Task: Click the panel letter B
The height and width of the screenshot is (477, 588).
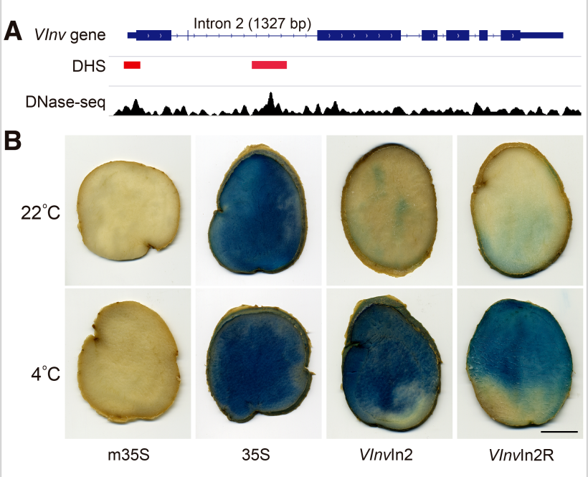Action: click(x=13, y=139)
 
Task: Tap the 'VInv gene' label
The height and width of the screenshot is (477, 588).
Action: click(x=70, y=34)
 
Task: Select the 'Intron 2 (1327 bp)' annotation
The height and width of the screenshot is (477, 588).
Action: click(x=252, y=23)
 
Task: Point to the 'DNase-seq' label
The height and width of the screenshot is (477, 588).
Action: click(x=65, y=102)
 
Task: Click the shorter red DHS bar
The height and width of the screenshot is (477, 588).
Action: click(x=132, y=65)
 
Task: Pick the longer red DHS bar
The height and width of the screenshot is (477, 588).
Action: click(x=269, y=65)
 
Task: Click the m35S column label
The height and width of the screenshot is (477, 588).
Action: click(x=128, y=455)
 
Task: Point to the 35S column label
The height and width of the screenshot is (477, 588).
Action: click(x=259, y=455)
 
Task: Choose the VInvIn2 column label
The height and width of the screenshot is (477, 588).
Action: click(x=388, y=455)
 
